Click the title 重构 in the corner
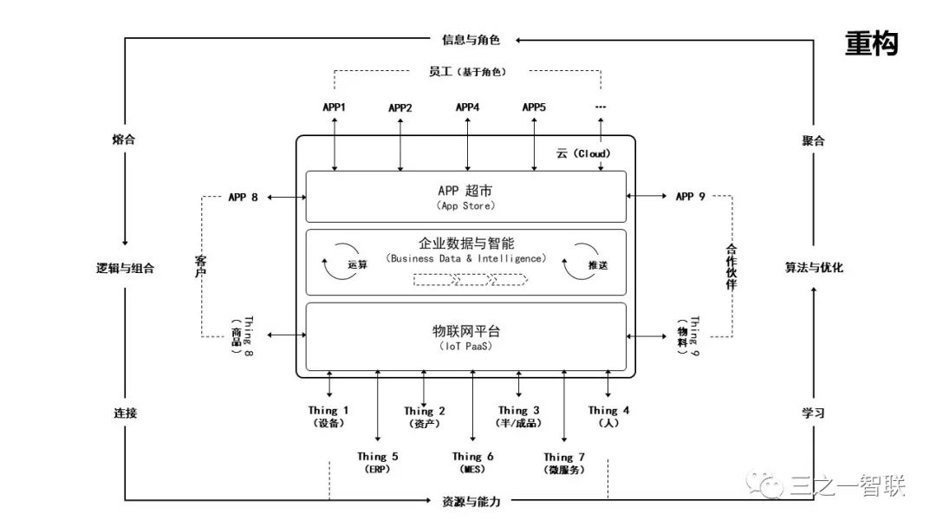pyautogui.click(x=871, y=42)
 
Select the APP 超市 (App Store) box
pyautogui.click(x=465, y=197)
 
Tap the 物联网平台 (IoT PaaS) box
pyautogui.click(x=465, y=337)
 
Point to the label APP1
pyautogui.click(x=335, y=107)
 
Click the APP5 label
pyautogui.click(x=534, y=107)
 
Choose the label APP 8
pyautogui.click(x=243, y=197)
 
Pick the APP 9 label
pyautogui.click(x=690, y=197)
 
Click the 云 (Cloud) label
pyautogui.click(x=583, y=153)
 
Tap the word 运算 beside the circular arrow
pyautogui.click(x=357, y=264)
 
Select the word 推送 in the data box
pyautogui.click(x=597, y=264)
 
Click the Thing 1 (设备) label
pyautogui.click(x=329, y=416)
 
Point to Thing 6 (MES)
pyautogui.click(x=473, y=462)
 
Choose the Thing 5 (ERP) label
pyautogui.click(x=378, y=462)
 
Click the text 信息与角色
pyautogui.click(x=471, y=39)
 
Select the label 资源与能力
pyautogui.click(x=471, y=501)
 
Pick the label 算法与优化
pyautogui.click(x=813, y=268)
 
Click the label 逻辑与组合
pyautogui.click(x=125, y=268)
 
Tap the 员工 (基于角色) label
pyautogui.click(x=467, y=72)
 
